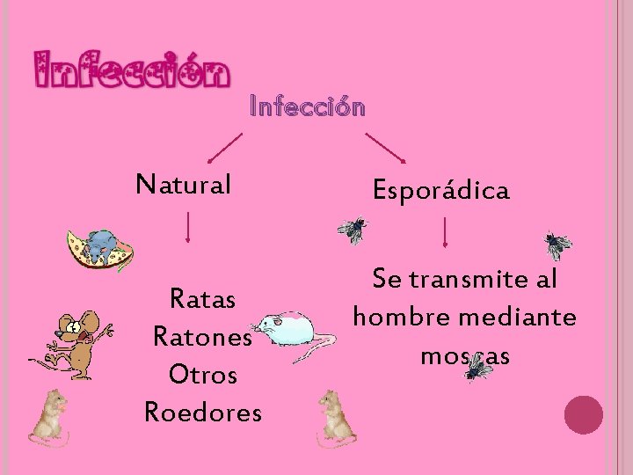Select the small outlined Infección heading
click(307, 108)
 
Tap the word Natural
click(184, 185)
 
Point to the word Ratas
click(202, 301)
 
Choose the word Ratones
click(202, 337)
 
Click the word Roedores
click(202, 411)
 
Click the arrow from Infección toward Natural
click(225, 147)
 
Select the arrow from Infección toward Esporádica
click(385, 147)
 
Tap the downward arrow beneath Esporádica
click(447, 233)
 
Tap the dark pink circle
click(583, 414)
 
